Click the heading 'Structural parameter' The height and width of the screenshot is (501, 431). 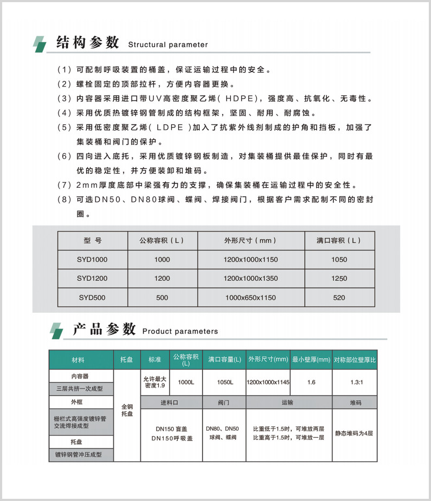tap(167, 45)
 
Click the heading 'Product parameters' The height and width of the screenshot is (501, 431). tap(180, 332)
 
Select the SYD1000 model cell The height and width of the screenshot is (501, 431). tap(92, 259)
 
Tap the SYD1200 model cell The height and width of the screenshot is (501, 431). tap(92, 279)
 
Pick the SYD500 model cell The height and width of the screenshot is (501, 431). tap(92, 298)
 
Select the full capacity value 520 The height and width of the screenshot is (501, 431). tap(339, 298)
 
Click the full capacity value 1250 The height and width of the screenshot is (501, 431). tap(339, 279)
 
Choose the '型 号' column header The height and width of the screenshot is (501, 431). tap(92, 240)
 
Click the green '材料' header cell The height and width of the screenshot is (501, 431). tap(81, 360)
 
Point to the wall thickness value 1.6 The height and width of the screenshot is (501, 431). tap(311, 383)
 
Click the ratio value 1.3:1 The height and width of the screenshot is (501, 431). tap(355, 383)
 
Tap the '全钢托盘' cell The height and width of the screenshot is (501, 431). tap(127, 410)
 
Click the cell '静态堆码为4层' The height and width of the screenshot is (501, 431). tap(355, 433)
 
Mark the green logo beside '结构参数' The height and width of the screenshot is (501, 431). tap(41, 44)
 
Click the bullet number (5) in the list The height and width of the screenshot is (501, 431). tap(64, 128)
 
